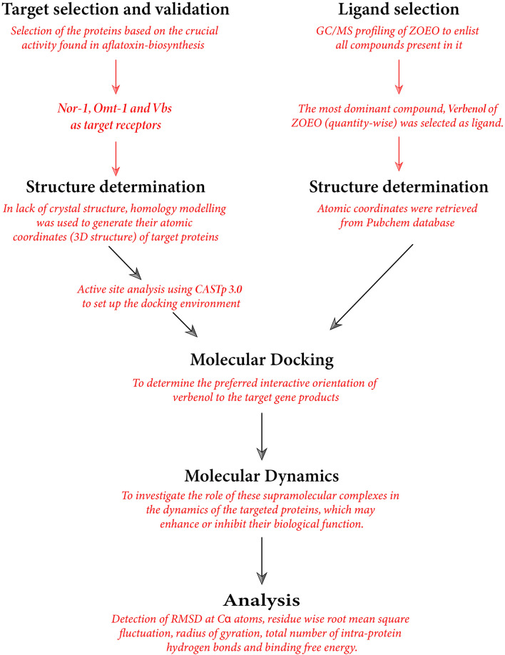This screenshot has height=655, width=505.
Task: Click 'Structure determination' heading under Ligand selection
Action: (398, 187)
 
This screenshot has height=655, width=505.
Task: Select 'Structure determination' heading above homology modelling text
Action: (116, 187)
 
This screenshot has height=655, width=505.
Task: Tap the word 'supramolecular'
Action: (260, 497)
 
